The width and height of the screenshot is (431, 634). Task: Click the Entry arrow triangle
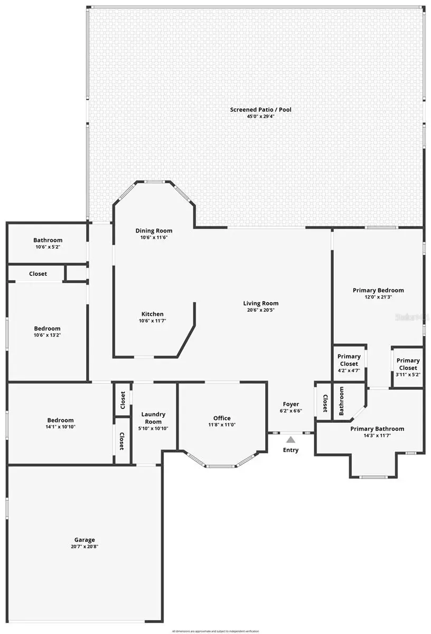(x=291, y=439)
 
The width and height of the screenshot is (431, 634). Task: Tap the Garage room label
(x=85, y=539)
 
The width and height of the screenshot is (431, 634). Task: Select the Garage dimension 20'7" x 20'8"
(x=85, y=547)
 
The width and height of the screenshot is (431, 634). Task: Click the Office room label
(x=222, y=418)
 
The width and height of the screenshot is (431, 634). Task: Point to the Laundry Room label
(x=153, y=418)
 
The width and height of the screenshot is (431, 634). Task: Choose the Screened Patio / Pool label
(x=260, y=109)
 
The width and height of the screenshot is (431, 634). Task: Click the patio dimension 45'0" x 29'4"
(x=260, y=116)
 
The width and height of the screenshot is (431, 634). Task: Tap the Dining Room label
(x=154, y=230)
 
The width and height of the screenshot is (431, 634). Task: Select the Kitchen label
(x=152, y=314)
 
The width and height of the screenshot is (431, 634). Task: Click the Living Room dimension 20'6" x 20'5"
(x=260, y=310)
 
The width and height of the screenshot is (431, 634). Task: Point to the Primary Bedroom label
(x=378, y=290)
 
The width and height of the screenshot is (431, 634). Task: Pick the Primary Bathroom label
(x=377, y=428)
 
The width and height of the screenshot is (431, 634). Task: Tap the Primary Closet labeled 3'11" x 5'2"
(x=408, y=365)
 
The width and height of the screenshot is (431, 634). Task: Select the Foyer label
(x=291, y=404)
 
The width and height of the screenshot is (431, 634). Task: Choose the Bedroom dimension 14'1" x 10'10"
(x=60, y=427)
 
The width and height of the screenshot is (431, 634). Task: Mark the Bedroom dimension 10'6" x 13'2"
(x=48, y=335)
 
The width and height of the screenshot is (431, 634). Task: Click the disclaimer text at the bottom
(x=215, y=631)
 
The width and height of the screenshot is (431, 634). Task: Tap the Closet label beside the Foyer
(x=325, y=404)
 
